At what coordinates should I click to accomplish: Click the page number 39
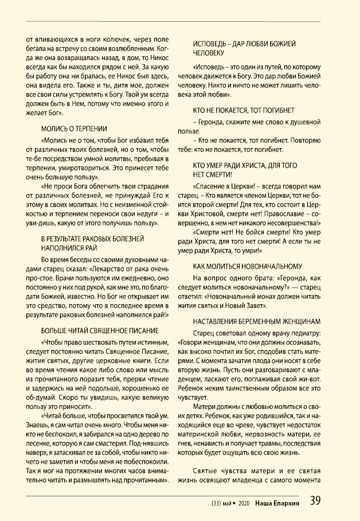click(x=315, y=501)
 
